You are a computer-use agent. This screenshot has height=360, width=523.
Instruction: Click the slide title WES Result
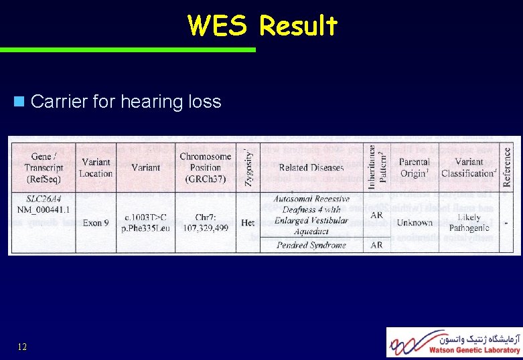tap(263, 25)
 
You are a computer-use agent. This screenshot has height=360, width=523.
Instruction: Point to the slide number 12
tap(22, 347)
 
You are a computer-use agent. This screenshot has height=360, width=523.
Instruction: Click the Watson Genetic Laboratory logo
tap(454, 341)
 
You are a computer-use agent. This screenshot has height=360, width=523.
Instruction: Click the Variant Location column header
tap(96, 168)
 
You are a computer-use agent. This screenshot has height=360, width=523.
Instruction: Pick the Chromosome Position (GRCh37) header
tap(205, 167)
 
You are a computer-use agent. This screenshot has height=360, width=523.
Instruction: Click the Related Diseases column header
tap(311, 168)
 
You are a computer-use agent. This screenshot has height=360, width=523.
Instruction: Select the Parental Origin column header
tap(414, 168)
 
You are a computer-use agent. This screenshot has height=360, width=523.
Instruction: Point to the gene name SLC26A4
tap(44, 199)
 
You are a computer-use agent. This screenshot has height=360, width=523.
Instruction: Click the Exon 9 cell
tap(96, 222)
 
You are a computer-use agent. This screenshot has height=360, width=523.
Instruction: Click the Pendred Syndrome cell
tap(311, 245)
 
